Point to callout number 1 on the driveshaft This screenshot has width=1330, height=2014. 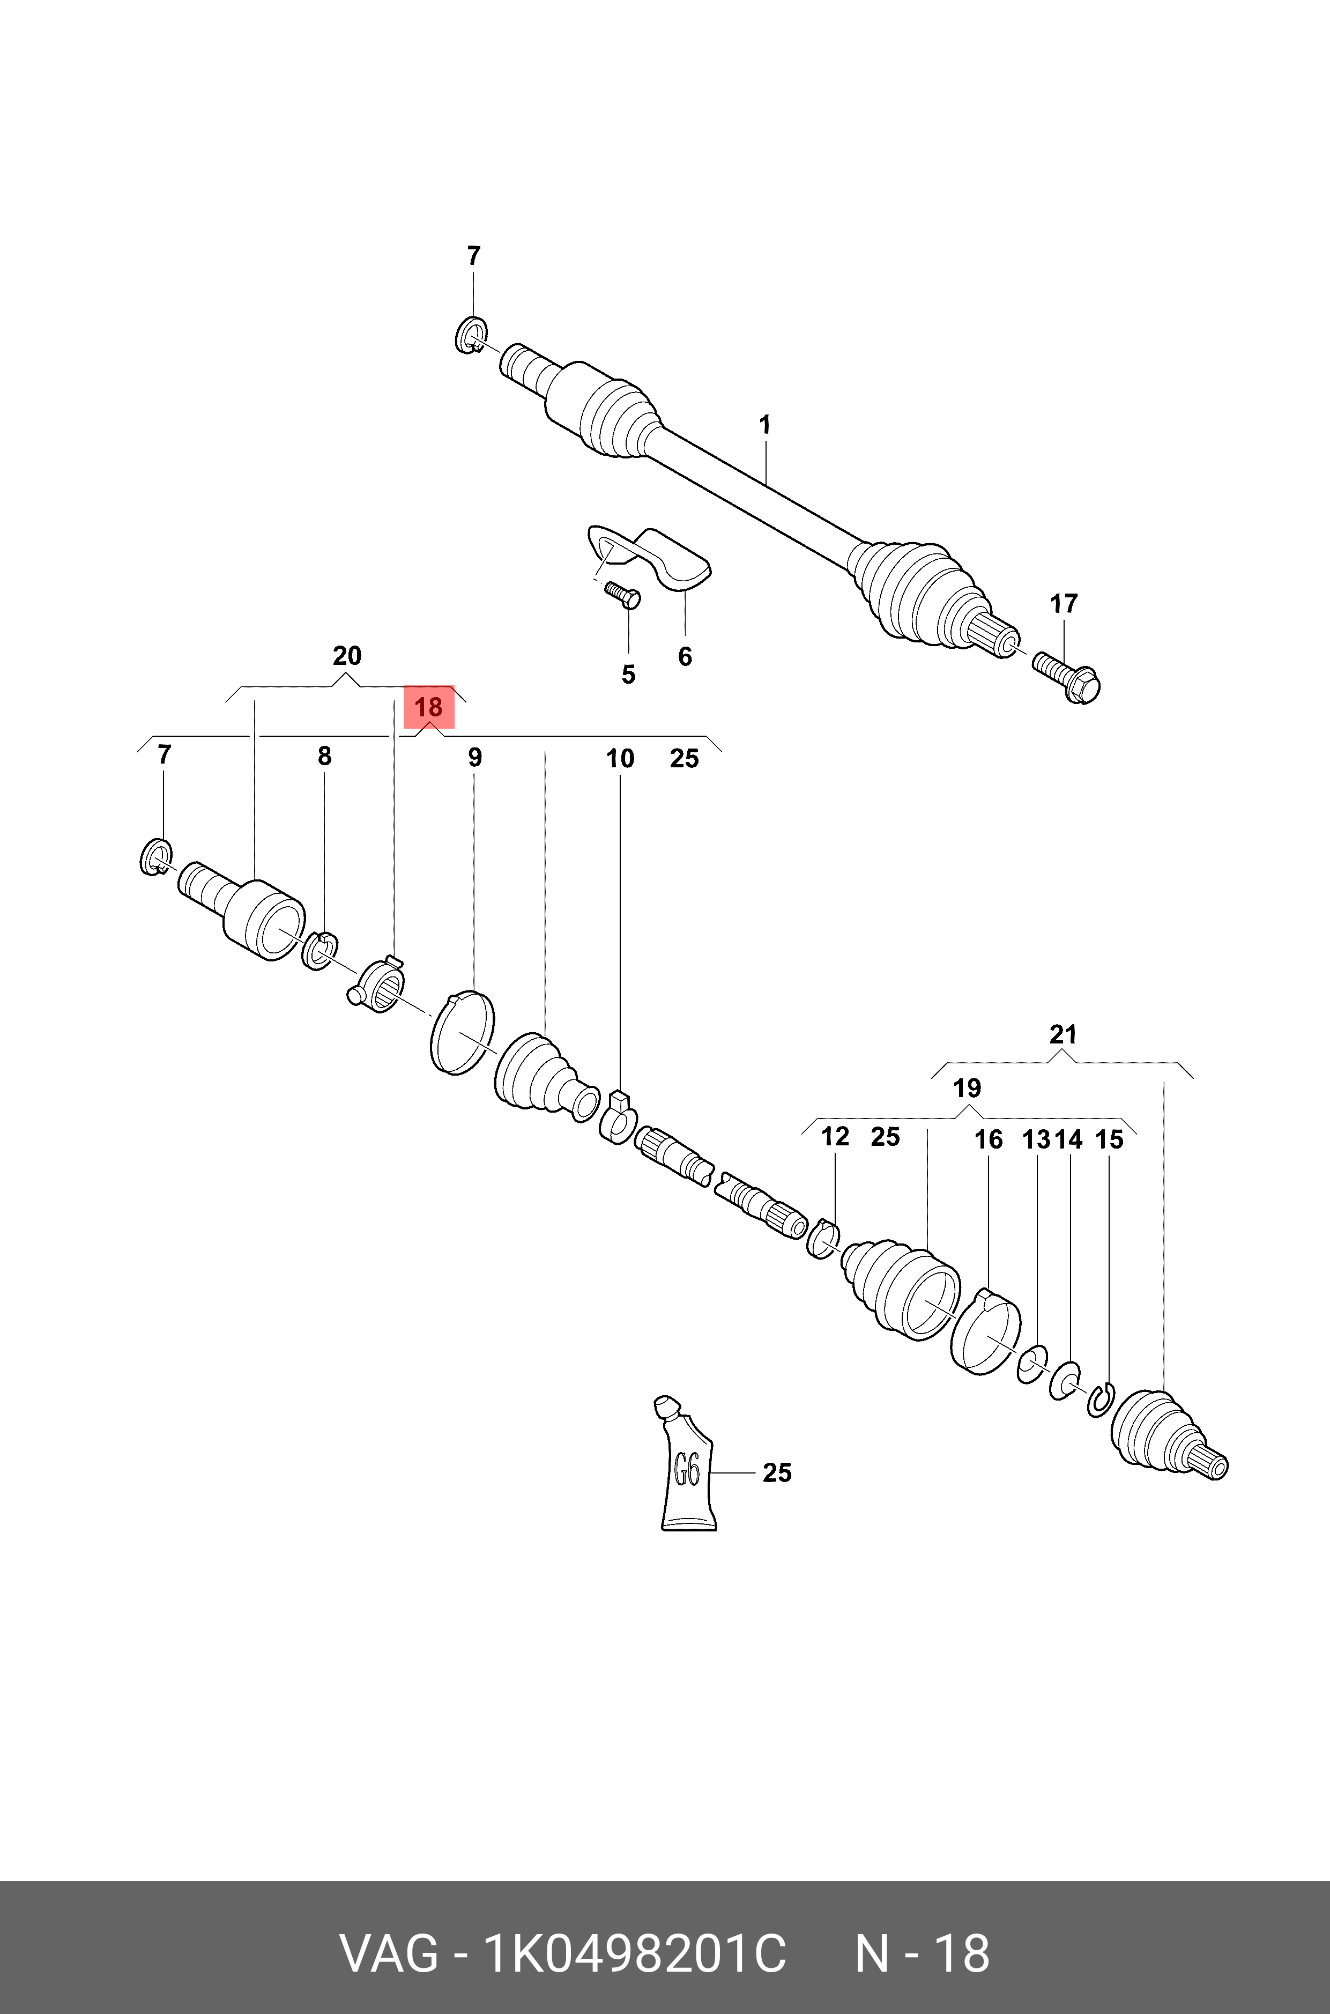(x=765, y=425)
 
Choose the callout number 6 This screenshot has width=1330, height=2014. (x=685, y=657)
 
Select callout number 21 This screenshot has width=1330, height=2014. (x=1063, y=1034)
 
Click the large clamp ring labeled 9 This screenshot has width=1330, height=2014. (x=462, y=1032)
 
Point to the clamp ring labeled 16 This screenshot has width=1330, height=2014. (x=984, y=1341)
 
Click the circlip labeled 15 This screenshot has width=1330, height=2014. (x=1099, y=1400)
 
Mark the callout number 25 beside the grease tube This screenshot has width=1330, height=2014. (x=777, y=1473)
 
